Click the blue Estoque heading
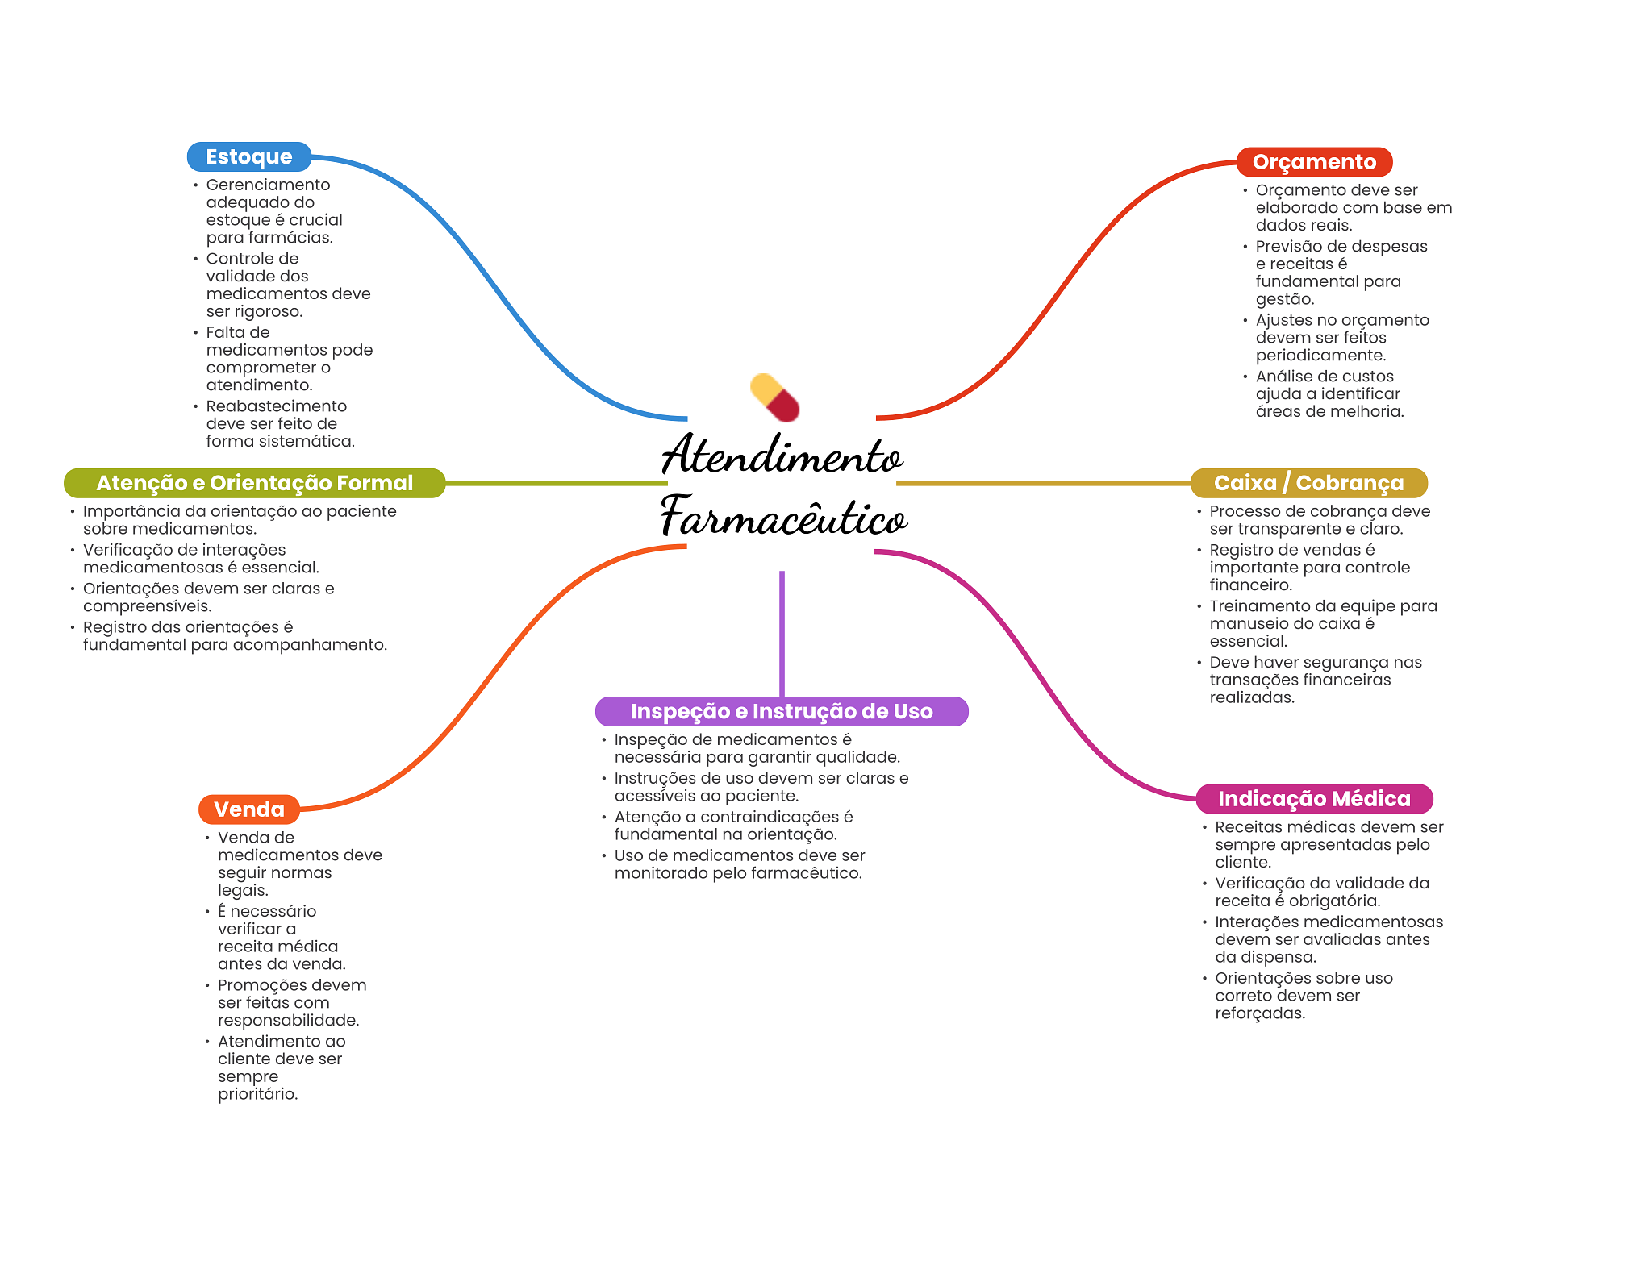click(x=248, y=156)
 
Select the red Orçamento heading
click(x=1314, y=162)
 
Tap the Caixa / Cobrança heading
click(x=1308, y=483)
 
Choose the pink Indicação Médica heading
click(x=1314, y=799)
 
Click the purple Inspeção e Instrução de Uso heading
click(x=781, y=711)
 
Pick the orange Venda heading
click(x=249, y=809)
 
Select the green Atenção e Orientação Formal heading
click(x=254, y=483)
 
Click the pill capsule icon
click(x=774, y=397)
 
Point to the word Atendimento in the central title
click(x=782, y=456)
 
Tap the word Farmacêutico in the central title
click(x=783, y=517)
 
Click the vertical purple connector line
click(x=782, y=633)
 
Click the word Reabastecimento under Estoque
click(x=276, y=406)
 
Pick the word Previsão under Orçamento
click(x=1289, y=247)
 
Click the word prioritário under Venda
click(x=257, y=1094)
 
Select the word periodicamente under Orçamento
click(x=1320, y=356)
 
